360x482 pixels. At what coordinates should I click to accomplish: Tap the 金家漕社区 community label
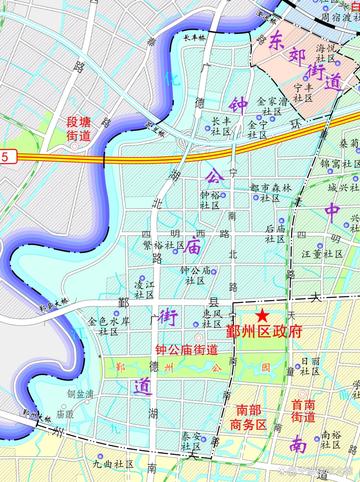click(x=271, y=106)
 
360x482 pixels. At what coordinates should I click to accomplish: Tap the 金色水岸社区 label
click(x=109, y=327)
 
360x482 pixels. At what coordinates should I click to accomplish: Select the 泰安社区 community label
click(x=191, y=442)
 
